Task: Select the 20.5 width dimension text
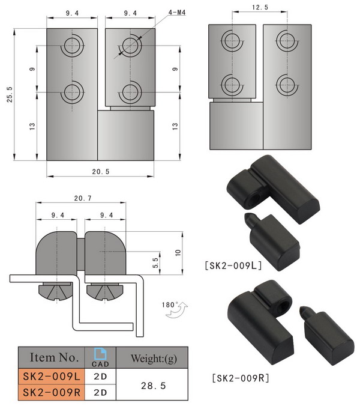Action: point(101,171)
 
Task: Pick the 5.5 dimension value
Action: point(154,262)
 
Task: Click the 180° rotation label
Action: point(170,305)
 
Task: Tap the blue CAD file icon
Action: point(100,354)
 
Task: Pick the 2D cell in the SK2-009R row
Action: point(100,393)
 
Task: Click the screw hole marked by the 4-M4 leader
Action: point(130,45)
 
